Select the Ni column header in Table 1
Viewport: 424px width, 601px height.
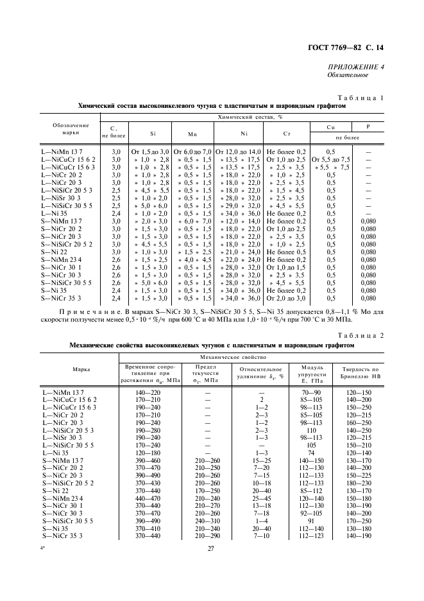tap(243, 134)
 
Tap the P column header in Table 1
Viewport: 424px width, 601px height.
tap(368, 127)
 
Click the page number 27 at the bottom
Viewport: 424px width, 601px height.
tap(210, 548)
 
